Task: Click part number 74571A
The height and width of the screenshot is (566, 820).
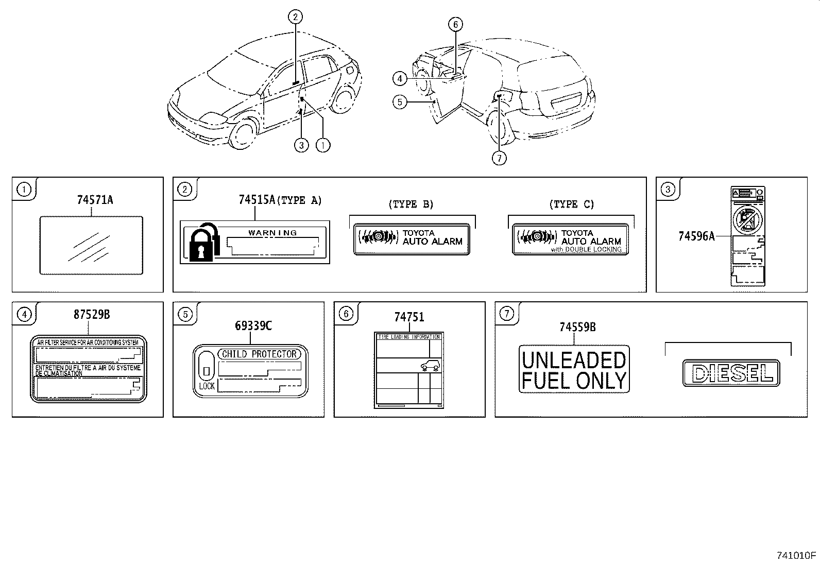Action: (95, 199)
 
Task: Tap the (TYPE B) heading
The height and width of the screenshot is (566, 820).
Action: (411, 204)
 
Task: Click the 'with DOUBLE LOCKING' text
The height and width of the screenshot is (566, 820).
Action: (586, 249)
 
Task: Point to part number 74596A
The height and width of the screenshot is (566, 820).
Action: (696, 236)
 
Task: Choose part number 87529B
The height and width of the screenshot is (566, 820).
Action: (92, 314)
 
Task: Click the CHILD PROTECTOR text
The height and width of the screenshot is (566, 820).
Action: (259, 354)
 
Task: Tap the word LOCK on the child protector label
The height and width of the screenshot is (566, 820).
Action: (207, 386)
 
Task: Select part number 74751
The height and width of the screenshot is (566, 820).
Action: (409, 317)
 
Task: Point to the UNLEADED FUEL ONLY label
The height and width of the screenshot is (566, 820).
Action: (574, 370)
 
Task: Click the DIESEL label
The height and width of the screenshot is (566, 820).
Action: (730, 373)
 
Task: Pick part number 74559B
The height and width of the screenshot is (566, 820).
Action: (577, 327)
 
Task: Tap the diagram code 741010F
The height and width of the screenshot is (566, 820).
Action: (796, 555)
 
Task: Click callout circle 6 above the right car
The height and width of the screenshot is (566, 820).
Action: (455, 24)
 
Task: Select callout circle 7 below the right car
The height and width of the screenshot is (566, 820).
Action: (499, 158)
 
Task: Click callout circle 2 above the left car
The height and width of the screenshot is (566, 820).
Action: (295, 18)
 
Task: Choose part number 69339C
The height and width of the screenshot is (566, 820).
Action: (253, 325)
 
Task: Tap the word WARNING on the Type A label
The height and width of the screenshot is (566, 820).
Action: (272, 232)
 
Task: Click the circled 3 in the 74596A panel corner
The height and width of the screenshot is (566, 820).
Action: (668, 190)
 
